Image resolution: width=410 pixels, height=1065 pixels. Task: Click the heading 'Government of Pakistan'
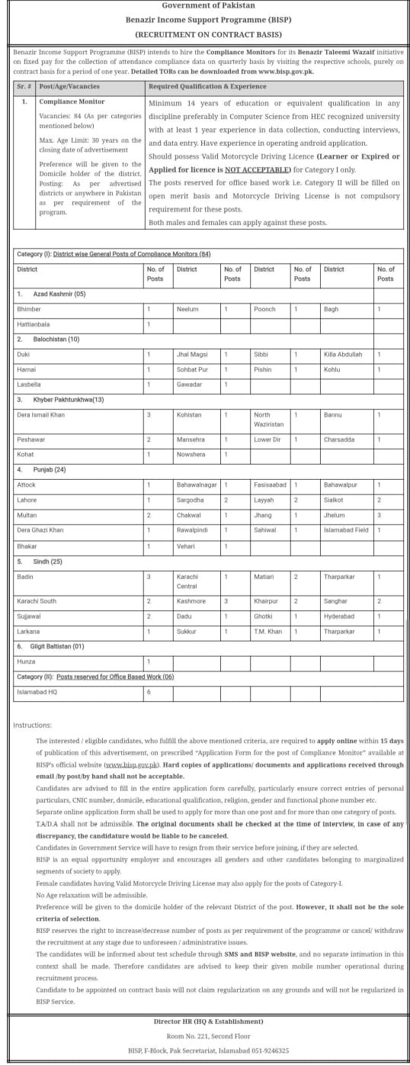pos(204,5)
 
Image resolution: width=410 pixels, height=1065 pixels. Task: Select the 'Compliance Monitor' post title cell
pos(72,101)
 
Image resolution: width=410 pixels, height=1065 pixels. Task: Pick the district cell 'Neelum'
pos(187,310)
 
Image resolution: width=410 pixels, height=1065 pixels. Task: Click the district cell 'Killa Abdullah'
pos(343,355)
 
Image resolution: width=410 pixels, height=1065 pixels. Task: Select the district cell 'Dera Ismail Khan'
pos(41,414)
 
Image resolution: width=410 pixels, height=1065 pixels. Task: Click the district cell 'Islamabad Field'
pos(346,529)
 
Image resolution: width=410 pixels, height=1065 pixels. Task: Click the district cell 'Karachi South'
pos(37,602)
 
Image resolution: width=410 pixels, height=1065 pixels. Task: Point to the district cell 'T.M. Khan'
pos(267,632)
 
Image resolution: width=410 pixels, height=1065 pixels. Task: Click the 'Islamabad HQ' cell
pos(35,692)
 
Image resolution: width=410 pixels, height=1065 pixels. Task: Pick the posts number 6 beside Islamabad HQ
pos(149,692)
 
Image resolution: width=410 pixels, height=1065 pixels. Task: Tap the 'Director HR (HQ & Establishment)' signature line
pos(204,1021)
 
